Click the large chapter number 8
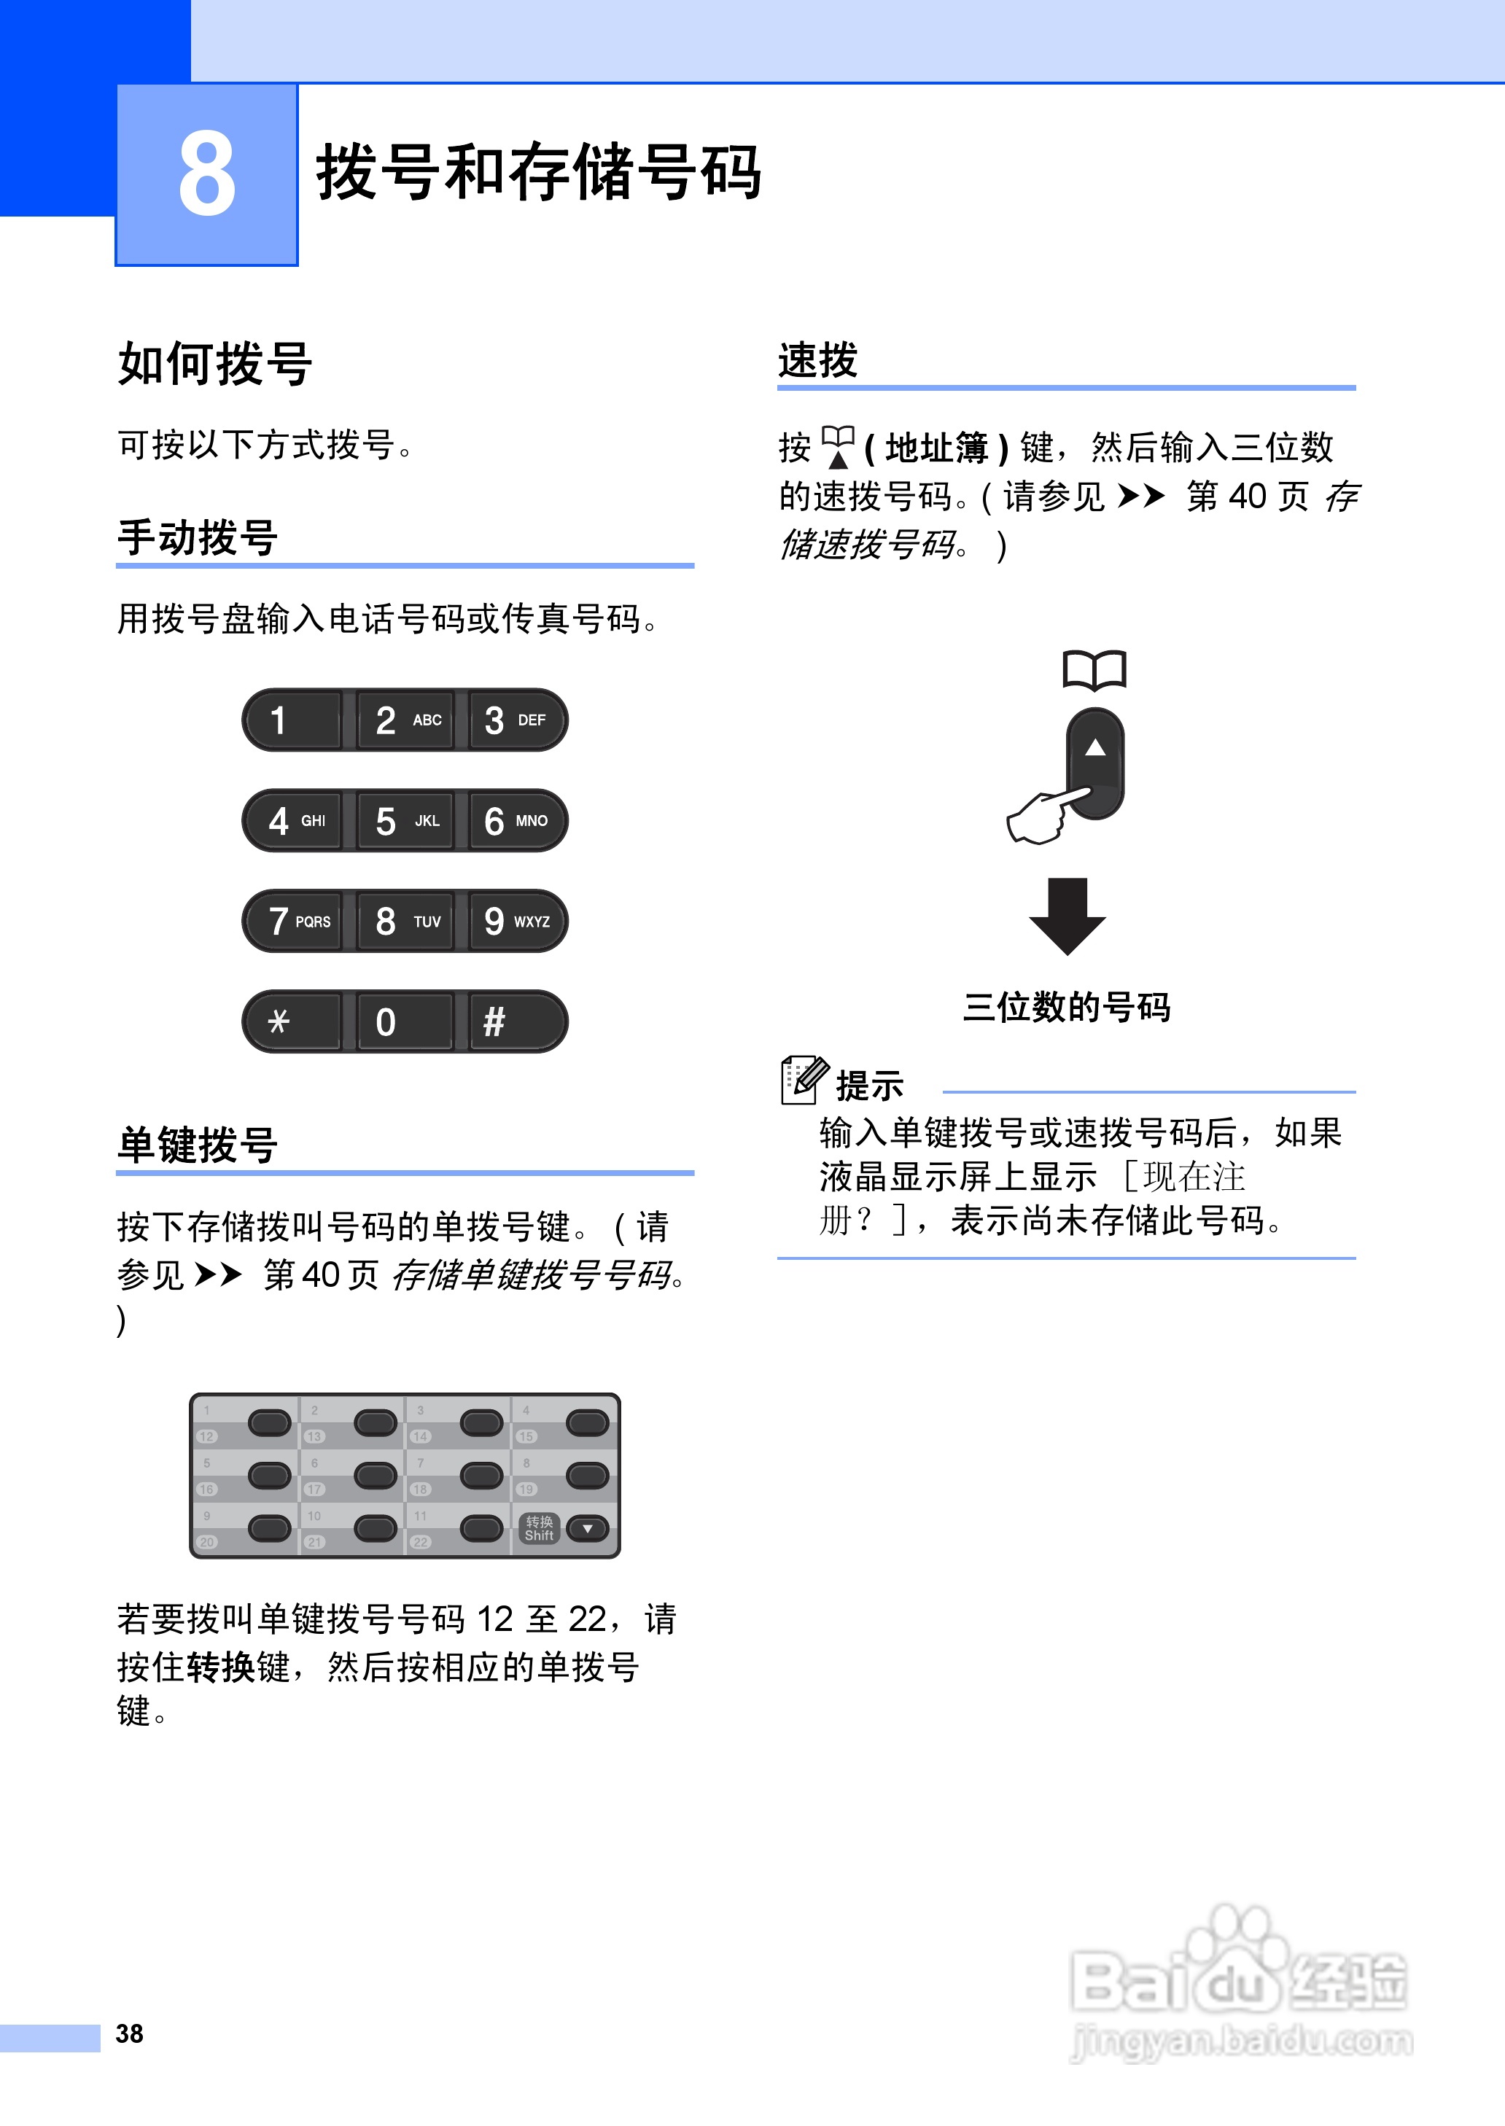click(x=206, y=174)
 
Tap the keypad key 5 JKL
click(x=405, y=821)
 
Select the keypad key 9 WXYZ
click(x=516, y=921)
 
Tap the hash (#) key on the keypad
click(x=516, y=1021)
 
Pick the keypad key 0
click(x=405, y=1021)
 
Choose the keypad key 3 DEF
click(x=516, y=720)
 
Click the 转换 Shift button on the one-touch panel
click(x=540, y=1528)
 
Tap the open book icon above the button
click(x=1094, y=670)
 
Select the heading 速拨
click(x=818, y=360)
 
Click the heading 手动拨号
click(x=198, y=537)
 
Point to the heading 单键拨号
click(x=198, y=1145)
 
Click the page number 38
click(x=130, y=2033)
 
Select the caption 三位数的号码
click(x=1067, y=1007)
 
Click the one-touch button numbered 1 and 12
click(x=269, y=1423)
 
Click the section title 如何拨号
click(x=215, y=363)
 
